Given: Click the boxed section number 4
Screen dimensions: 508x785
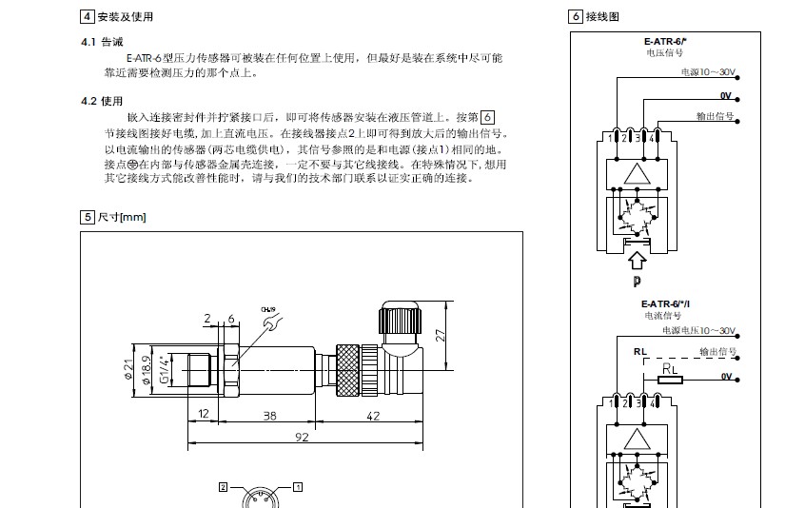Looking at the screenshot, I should tap(88, 17).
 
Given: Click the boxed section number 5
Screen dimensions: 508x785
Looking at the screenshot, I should tap(88, 217).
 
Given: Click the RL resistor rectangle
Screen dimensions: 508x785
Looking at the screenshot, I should tap(670, 379).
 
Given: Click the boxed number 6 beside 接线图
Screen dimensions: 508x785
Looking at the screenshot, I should tap(576, 17).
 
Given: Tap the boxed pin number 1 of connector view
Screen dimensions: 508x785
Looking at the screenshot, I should tap(297, 486).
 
